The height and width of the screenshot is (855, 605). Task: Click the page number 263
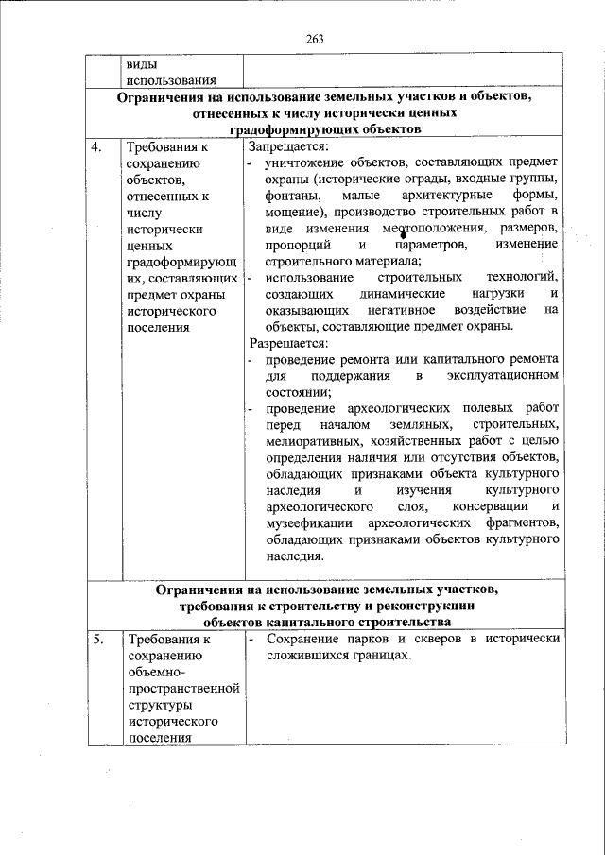(x=315, y=38)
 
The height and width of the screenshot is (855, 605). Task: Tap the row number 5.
(x=97, y=639)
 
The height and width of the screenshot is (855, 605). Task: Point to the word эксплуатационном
(x=502, y=377)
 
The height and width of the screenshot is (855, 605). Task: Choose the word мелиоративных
(x=313, y=442)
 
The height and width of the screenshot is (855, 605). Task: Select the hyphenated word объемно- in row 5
(x=157, y=672)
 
